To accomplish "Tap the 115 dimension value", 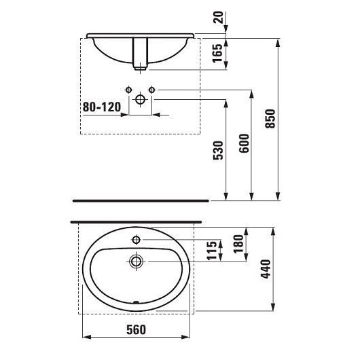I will pyautogui.click(x=212, y=249).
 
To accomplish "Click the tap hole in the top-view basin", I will pyautogui.click(x=137, y=240).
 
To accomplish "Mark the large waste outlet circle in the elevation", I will pyautogui.click(x=141, y=100).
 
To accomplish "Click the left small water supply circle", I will pyautogui.click(x=128, y=89).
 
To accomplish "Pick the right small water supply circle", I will pyautogui.click(x=152, y=89).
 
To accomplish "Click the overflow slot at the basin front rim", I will pyautogui.click(x=137, y=304).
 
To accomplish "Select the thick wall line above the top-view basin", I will pyautogui.click(x=137, y=221).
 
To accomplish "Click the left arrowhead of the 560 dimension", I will pyautogui.click(x=84, y=336).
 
